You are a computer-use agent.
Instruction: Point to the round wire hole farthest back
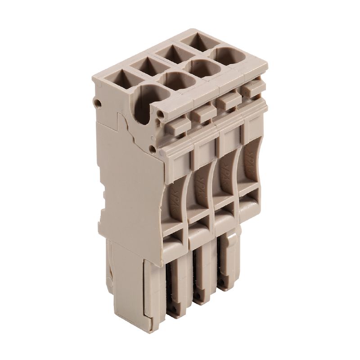coord(228,56)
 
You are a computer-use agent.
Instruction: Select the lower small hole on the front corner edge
coord(156,147)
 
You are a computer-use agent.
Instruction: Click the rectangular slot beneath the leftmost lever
coord(175,237)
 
